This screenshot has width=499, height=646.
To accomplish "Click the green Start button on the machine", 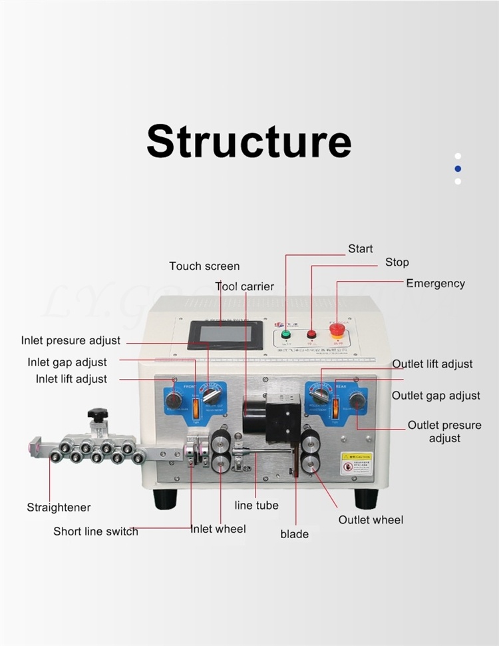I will click(287, 334).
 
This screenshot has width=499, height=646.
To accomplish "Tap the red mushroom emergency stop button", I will click(337, 329).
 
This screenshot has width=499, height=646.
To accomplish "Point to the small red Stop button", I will click(311, 334).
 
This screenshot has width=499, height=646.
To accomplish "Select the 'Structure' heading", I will click(249, 141).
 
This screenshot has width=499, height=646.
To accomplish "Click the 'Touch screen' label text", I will click(204, 266).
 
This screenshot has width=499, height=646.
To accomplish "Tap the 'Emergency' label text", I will click(435, 284).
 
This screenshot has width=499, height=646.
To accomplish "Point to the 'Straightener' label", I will click(59, 507).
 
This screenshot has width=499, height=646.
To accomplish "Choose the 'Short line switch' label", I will click(96, 531).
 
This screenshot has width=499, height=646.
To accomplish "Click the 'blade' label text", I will click(294, 534).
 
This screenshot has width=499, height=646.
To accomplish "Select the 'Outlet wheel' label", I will click(371, 519).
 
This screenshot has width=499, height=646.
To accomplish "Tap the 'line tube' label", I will click(256, 505).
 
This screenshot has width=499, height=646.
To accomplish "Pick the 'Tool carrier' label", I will click(244, 286).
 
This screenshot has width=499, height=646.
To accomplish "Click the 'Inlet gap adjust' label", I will click(67, 362).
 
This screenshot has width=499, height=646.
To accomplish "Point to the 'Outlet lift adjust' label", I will click(432, 364).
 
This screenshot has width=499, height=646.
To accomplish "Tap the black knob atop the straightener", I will click(98, 415).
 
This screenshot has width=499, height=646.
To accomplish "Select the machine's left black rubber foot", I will click(166, 498).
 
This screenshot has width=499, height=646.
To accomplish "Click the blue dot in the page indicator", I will click(458, 168).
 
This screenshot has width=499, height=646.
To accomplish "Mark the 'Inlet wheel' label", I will click(218, 529).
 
